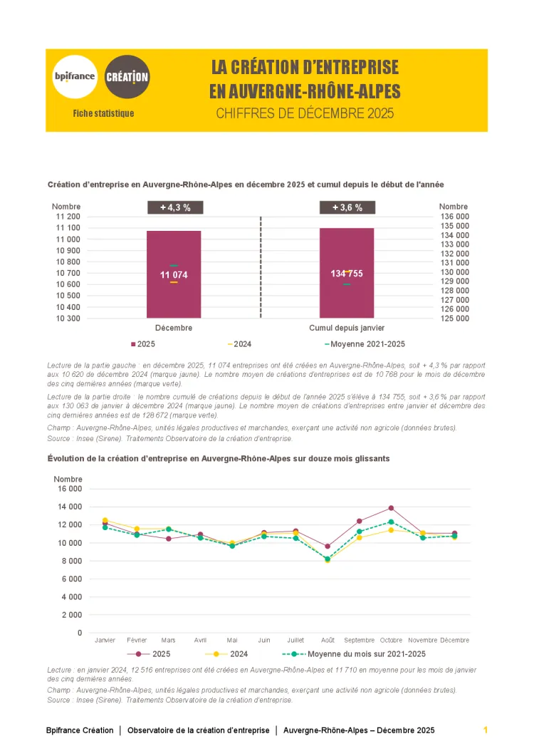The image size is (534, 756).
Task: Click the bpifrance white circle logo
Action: pyautogui.click(x=75, y=76)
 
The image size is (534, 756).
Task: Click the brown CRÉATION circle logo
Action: pyautogui.click(x=127, y=76)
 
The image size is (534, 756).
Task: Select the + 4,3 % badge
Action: pyautogui.click(x=175, y=207)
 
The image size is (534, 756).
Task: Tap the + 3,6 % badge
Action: pyautogui.click(x=347, y=207)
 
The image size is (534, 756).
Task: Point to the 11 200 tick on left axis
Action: pyautogui.click(x=68, y=217)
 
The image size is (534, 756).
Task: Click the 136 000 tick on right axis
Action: pyautogui.click(x=454, y=217)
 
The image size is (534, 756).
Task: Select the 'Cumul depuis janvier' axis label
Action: pyautogui.click(x=347, y=328)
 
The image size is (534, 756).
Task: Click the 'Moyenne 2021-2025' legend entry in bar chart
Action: pyautogui.click(x=365, y=344)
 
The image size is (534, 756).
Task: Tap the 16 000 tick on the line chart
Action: pyautogui.click(x=68, y=489)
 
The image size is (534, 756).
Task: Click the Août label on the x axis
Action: pyautogui.click(x=328, y=640)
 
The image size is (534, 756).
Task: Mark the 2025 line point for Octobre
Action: pyautogui.click(x=391, y=508)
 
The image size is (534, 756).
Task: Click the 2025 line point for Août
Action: pyautogui.click(x=328, y=547)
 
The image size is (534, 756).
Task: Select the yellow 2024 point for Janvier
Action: pyautogui.click(x=105, y=520)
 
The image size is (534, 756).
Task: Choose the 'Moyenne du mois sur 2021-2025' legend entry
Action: pyautogui.click(x=363, y=653)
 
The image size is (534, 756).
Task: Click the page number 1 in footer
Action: pyautogui.click(x=485, y=730)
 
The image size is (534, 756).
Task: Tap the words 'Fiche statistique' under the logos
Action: pyautogui.click(x=103, y=113)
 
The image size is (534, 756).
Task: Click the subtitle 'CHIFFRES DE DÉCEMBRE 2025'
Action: pyautogui.click(x=305, y=113)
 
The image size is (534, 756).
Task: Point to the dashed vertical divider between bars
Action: pyautogui.click(x=261, y=267)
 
